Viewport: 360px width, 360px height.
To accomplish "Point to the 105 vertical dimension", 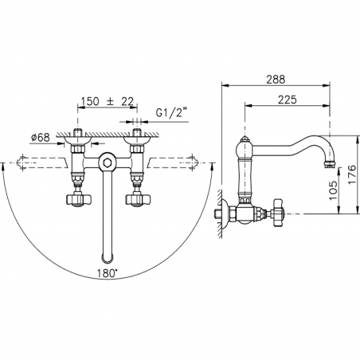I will (323, 188).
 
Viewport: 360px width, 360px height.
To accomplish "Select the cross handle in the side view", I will (280, 213).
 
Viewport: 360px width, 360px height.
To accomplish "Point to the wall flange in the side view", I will (224, 213).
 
